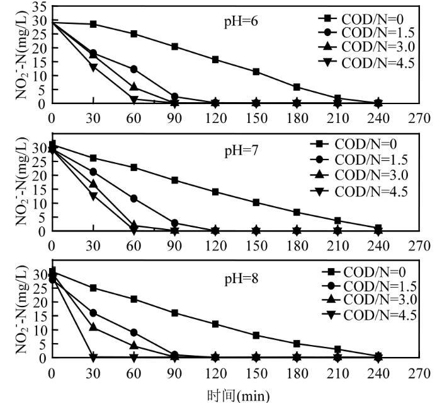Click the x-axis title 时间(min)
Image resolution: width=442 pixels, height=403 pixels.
point(238,395)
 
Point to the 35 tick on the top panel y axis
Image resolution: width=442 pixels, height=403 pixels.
point(39,7)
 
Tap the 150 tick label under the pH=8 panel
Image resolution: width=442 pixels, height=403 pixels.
point(256,373)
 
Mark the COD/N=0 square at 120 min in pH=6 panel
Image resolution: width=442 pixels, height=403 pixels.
point(215,59)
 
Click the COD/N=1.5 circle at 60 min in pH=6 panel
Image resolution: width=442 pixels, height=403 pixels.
point(133,69)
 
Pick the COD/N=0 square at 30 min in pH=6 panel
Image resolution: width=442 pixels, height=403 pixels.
point(93,24)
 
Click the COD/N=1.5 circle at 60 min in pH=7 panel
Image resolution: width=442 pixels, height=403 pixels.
point(133,198)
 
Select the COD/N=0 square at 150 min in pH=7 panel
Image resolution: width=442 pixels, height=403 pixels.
point(256,202)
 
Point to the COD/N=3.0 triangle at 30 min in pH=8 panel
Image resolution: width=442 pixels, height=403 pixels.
point(93,327)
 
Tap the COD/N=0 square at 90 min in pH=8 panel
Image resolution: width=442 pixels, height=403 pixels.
point(174,313)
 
